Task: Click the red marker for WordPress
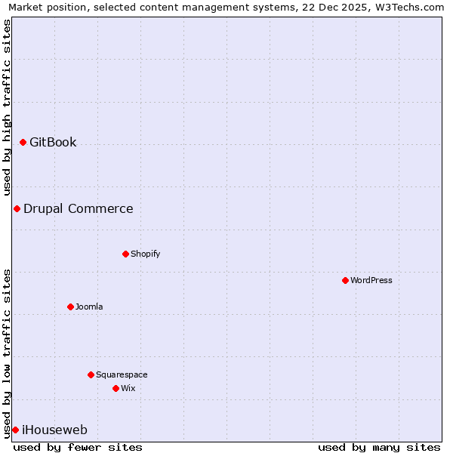pyautogui.click(x=345, y=280)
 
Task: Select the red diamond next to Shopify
pyautogui.click(x=125, y=254)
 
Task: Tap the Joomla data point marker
pyautogui.click(x=70, y=307)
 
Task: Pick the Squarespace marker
pyautogui.click(x=91, y=374)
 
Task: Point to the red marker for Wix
pyautogui.click(x=116, y=388)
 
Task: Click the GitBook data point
pyautogui.click(x=23, y=142)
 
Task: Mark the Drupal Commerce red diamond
pyautogui.click(x=17, y=208)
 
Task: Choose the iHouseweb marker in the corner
pyautogui.click(x=15, y=430)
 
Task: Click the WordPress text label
pyautogui.click(x=371, y=280)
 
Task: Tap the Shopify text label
pyautogui.click(x=145, y=254)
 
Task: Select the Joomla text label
pyautogui.click(x=89, y=307)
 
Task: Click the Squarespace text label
pyautogui.click(x=122, y=374)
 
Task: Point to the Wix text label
pyautogui.click(x=128, y=388)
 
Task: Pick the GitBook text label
pyautogui.click(x=53, y=142)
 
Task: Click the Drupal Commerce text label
pyautogui.click(x=78, y=208)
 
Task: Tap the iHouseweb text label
pyautogui.click(x=54, y=430)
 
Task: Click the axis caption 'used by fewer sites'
pyautogui.click(x=78, y=447)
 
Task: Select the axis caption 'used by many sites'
pyautogui.click(x=379, y=447)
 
